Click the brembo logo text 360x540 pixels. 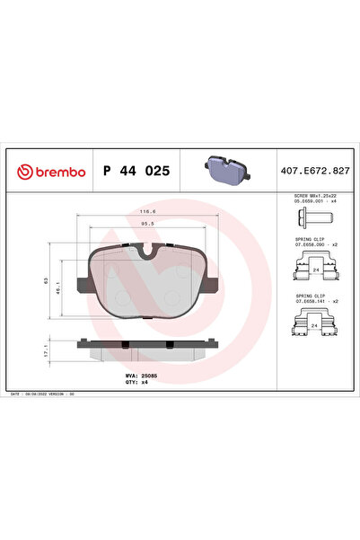pyautogui.click(x=59, y=171)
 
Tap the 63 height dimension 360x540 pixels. pyautogui.click(x=47, y=280)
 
